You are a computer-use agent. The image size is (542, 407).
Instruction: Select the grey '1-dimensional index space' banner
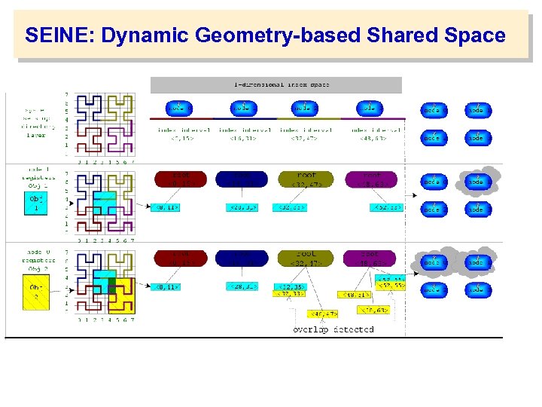coord(276,84)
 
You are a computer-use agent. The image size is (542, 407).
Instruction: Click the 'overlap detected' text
coord(333,329)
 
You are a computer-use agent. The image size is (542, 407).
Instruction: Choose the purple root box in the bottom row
coord(370,259)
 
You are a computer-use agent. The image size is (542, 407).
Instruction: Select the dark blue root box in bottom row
coord(242,259)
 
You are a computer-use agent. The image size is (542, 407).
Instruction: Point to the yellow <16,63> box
coord(373,310)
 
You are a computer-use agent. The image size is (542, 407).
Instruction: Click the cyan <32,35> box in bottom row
coord(291,286)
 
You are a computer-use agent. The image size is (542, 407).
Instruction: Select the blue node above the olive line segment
coord(303,107)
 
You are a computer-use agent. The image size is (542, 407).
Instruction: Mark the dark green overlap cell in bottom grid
coord(112,285)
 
